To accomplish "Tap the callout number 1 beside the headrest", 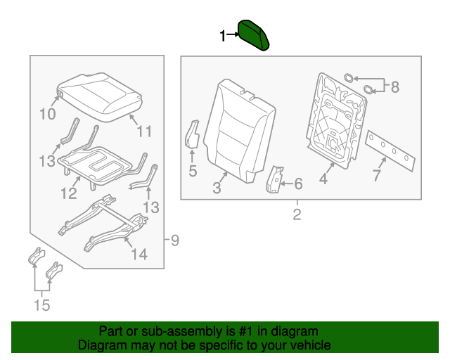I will (224, 35).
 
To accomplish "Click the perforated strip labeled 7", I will (392, 150).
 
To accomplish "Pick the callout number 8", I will (394, 87).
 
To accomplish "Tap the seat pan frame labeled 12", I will (98, 163).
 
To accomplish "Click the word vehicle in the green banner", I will (309, 345).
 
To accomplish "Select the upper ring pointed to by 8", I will (349, 78).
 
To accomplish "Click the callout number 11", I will (143, 130).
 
